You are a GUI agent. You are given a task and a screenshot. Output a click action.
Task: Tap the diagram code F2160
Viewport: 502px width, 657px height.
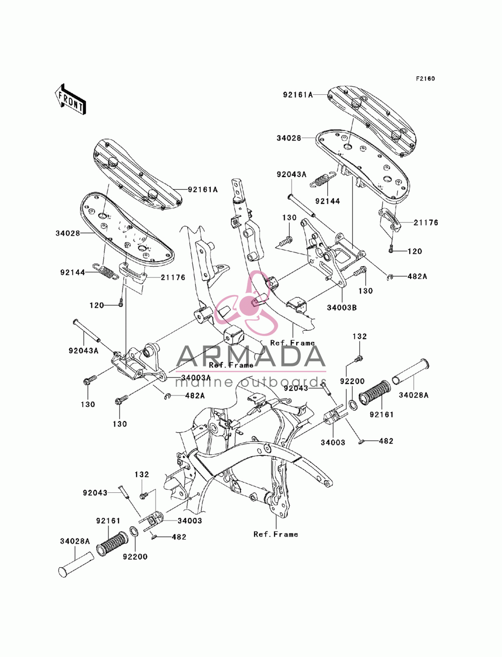425,79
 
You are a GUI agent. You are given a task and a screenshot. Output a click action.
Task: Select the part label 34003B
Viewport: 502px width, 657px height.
341,308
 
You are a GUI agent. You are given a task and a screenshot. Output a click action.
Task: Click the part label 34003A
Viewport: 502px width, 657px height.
195,378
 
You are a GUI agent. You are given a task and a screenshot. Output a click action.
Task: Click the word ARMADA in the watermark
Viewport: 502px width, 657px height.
250,356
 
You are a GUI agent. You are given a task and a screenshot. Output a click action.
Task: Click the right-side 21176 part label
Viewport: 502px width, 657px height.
426,223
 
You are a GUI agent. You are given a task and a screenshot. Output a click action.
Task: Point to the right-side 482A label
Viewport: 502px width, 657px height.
417,277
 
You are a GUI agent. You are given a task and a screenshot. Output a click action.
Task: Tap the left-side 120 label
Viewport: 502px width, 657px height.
97,305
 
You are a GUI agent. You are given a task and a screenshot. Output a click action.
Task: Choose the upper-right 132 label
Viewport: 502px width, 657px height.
359,336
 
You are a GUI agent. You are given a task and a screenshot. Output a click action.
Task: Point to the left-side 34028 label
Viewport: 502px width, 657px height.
68,233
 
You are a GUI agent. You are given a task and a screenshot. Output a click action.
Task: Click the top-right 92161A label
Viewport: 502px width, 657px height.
298,95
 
